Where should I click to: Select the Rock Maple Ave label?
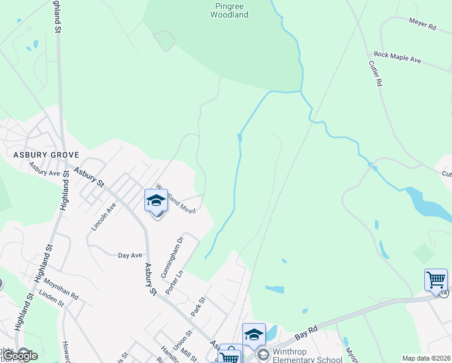(397, 57)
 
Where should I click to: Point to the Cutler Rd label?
(375, 72)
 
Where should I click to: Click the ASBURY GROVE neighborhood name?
(38, 155)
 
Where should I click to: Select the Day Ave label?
(129, 255)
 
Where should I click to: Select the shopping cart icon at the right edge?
(436, 280)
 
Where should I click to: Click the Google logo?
(20, 356)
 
